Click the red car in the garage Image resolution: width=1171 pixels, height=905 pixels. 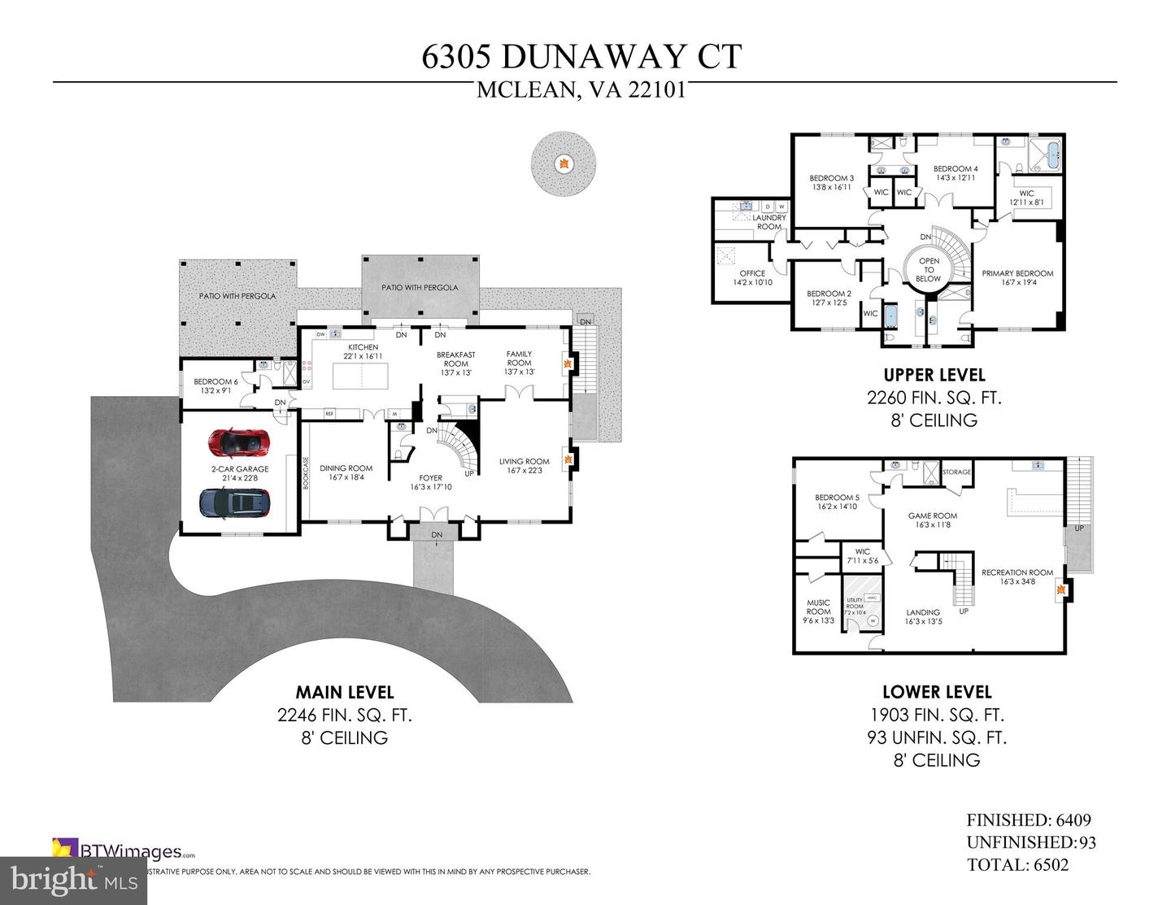pyautogui.click(x=239, y=442)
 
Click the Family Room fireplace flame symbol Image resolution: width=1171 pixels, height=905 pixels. pyautogui.click(x=568, y=363)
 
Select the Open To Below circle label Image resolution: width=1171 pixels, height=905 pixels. pyautogui.click(x=928, y=270)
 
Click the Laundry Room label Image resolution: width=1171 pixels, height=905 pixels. pyautogui.click(x=768, y=222)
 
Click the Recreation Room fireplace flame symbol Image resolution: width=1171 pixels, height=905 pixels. pyautogui.click(x=1060, y=592)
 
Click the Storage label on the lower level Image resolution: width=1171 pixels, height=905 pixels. pyautogui.click(x=956, y=472)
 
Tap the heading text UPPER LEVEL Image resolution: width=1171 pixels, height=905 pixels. pyautogui.click(x=934, y=375)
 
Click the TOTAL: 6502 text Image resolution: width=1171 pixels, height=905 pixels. pyautogui.click(x=1017, y=865)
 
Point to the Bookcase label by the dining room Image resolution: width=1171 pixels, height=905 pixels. pyautogui.click(x=306, y=472)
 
